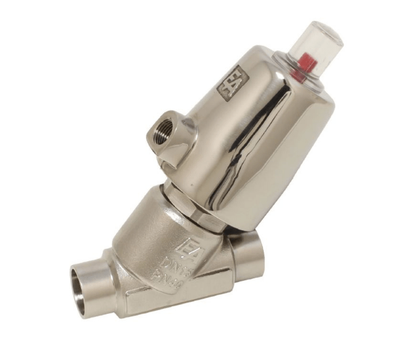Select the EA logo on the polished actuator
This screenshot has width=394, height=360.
tap(230, 82)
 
